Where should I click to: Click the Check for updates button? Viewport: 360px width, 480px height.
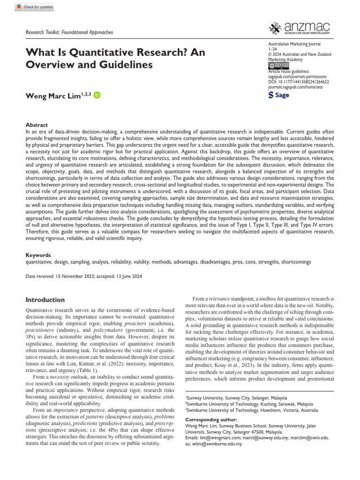[x=35, y=7]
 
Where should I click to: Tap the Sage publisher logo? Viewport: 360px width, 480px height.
[x=278, y=95]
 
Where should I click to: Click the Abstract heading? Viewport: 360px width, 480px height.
[x=37, y=125]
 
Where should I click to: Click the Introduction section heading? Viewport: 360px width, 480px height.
[x=45, y=300]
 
